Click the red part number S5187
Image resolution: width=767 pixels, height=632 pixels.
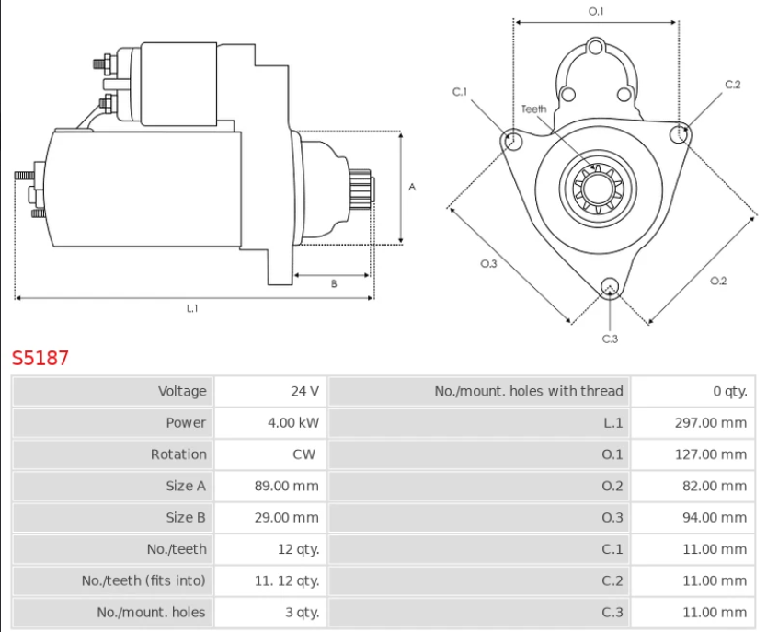click(x=40, y=358)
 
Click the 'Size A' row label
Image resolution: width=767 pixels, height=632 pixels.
click(x=186, y=486)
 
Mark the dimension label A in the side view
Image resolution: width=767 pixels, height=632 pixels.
click(x=412, y=187)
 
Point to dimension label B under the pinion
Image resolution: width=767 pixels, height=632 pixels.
click(x=333, y=284)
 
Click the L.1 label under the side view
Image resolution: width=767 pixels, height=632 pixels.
click(x=192, y=308)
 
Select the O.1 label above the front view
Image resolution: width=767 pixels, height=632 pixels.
click(x=596, y=11)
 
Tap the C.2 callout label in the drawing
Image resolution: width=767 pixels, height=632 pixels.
click(x=732, y=85)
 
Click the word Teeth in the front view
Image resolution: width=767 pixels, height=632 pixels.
click(x=533, y=109)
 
